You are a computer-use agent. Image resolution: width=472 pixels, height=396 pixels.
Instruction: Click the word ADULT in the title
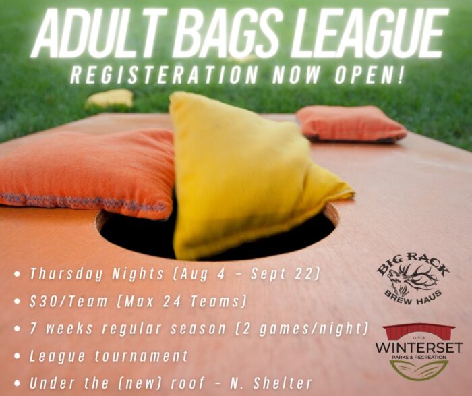coord(98,32)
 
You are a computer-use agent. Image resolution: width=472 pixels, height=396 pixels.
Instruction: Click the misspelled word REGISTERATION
coord(164,74)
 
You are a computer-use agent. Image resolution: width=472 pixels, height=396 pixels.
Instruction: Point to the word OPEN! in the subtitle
coord(369,74)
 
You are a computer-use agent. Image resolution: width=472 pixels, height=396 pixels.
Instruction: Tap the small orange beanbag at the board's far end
coord(351,124)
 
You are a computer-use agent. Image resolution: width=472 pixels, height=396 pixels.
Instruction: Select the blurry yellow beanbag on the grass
coord(109,98)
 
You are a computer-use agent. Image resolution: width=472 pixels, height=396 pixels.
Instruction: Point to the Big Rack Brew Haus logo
coord(413,279)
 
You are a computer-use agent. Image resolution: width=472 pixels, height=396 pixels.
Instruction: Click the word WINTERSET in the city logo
coord(419,347)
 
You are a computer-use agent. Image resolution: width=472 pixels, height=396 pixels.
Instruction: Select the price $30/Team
coord(68,302)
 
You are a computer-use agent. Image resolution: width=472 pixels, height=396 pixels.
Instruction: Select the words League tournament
coord(109,356)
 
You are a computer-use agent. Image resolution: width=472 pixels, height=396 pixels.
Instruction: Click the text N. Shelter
coord(271,383)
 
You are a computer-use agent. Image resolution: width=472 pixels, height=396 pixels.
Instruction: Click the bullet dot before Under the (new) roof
coord(18,383)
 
